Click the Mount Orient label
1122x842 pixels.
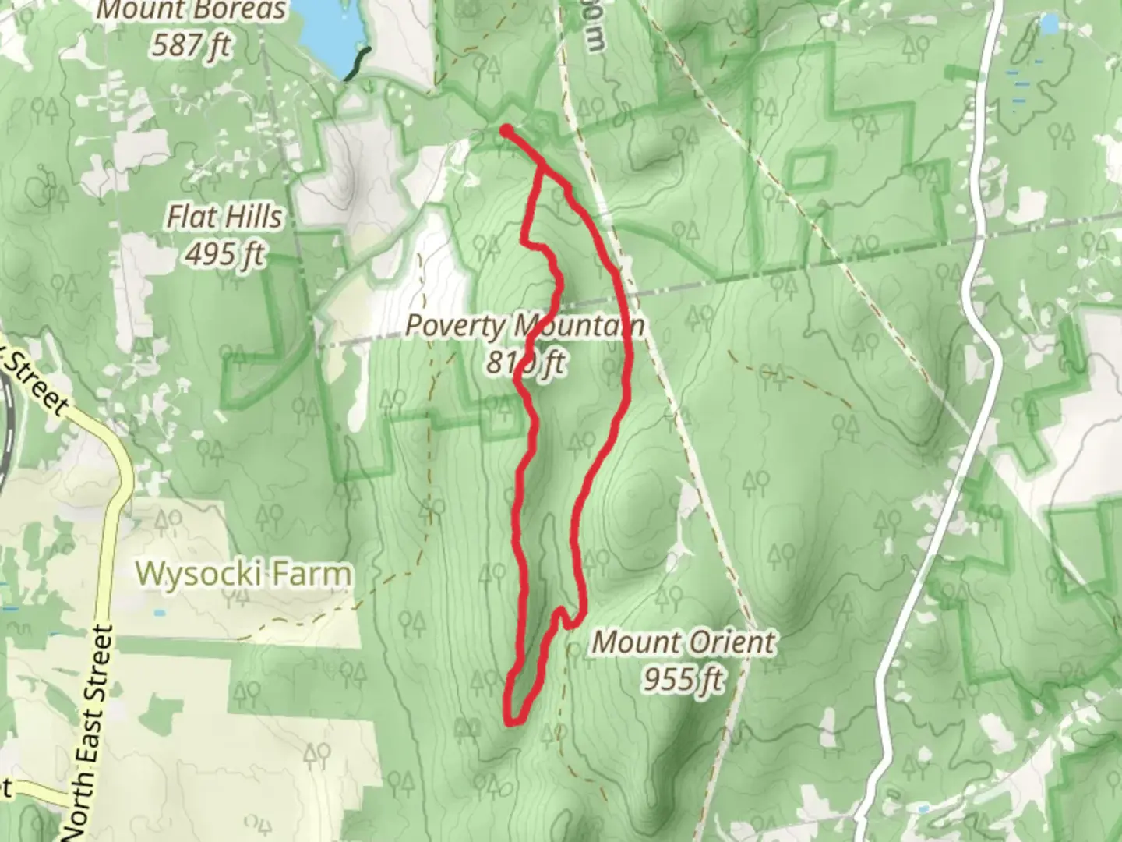pos(683,643)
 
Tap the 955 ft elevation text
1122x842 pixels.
pos(683,679)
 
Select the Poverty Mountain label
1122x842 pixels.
pos(524,326)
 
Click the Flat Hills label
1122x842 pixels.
pos(224,217)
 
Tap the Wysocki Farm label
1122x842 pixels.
pos(243,575)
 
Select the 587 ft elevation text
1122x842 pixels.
pos(192,45)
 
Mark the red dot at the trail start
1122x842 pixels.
pos(506,130)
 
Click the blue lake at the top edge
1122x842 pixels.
pos(327,27)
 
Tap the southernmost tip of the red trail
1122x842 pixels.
pos(512,723)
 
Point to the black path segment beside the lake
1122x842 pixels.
pos(358,64)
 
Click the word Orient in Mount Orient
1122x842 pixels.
pos(729,643)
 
